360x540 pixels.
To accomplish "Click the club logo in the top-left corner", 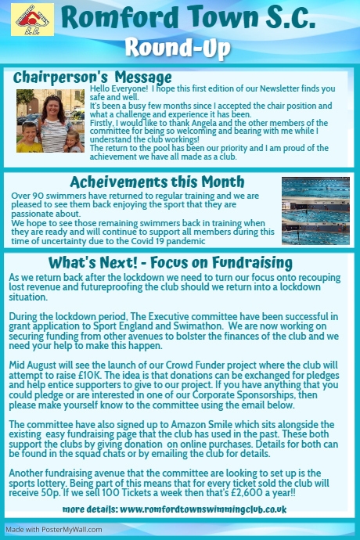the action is pos(27,20).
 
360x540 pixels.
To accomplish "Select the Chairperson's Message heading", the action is pos(92,77).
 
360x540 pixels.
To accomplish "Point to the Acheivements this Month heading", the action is pos(157,182).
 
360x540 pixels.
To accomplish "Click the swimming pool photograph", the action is pos(315,200).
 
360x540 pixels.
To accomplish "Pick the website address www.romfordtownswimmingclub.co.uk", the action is pos(202,509).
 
